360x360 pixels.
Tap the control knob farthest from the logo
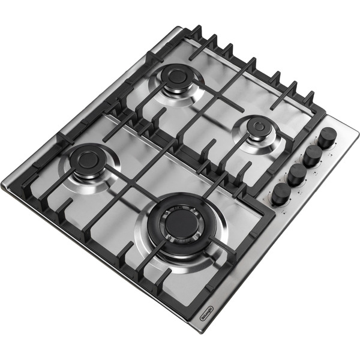(327, 137)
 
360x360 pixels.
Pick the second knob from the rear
(312, 155)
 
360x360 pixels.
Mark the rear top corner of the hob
(179, 26)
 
